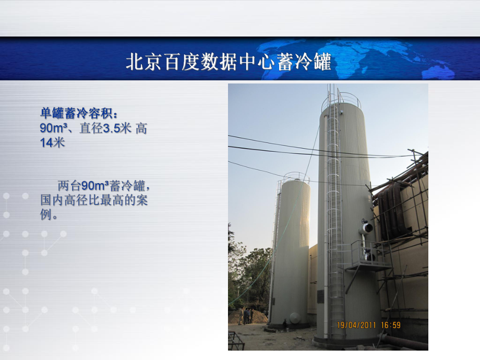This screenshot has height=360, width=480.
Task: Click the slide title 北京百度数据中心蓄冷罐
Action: [229, 62]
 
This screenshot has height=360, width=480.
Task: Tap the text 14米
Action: [52, 142]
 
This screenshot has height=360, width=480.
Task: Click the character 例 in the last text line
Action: [46, 214]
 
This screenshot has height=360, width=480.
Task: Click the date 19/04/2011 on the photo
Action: [357, 325]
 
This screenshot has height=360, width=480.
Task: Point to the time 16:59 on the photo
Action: [390, 325]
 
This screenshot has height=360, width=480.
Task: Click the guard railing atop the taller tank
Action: [341, 99]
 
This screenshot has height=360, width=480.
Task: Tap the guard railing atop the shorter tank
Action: [294, 176]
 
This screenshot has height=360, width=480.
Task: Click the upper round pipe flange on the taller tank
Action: [367, 227]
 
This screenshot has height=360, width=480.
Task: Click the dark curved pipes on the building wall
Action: [394, 209]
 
